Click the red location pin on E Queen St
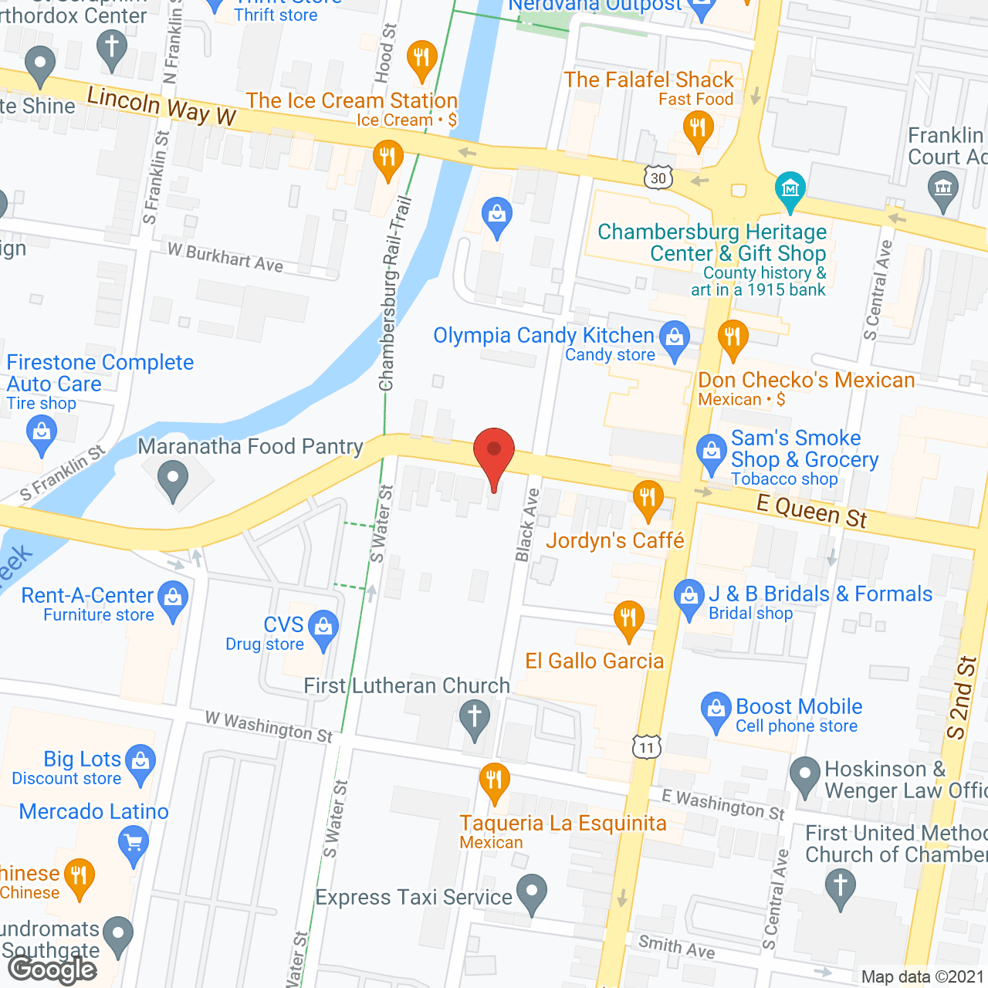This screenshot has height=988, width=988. tap(493, 452)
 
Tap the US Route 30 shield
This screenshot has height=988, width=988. tap(658, 178)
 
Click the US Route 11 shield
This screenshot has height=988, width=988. tap(646, 746)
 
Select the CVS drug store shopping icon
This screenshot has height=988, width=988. tap(323, 628)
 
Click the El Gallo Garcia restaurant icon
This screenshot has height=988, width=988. tap(628, 618)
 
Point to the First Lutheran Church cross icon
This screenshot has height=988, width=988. tap(474, 716)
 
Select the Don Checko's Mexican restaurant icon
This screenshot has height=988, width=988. tap(733, 337)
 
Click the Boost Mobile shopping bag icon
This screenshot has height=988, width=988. tap(716, 709)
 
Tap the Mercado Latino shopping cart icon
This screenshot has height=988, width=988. tap(134, 842)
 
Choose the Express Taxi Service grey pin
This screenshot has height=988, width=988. tap(531, 892)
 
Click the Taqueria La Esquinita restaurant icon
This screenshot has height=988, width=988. tap(494, 781)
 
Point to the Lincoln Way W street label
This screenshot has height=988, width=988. tap(161, 106)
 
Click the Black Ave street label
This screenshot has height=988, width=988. tap(527, 525)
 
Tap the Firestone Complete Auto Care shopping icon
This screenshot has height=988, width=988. tap(42, 432)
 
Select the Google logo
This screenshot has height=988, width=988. tap(52, 969)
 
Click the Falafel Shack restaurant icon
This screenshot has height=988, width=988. tap(698, 127)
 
